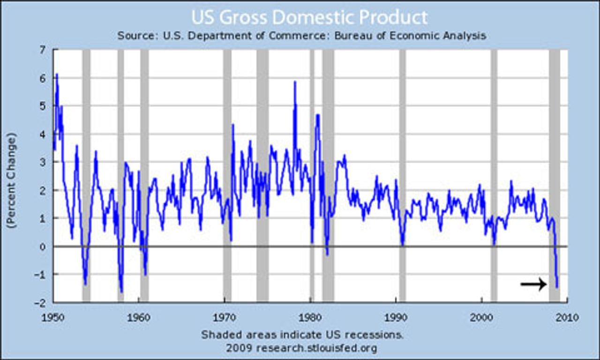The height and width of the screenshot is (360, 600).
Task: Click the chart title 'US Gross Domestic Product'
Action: [309, 17]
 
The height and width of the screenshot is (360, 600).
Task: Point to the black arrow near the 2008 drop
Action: [533, 284]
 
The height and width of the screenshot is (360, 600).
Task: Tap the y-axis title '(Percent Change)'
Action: [11, 180]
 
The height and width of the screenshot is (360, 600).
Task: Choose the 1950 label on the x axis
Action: [53, 317]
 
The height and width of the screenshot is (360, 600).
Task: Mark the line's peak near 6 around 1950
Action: [57, 74]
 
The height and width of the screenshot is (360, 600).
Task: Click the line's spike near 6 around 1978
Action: [295, 82]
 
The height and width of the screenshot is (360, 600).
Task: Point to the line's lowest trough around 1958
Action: [121, 292]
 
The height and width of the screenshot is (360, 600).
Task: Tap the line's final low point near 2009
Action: [557, 287]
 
